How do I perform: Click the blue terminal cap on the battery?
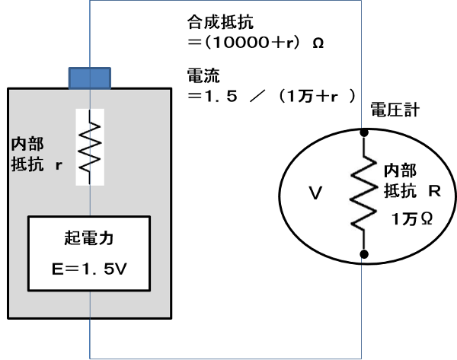(90, 78)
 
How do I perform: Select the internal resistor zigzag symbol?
(90, 146)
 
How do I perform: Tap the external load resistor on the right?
(364, 193)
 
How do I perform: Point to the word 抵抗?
(25, 164)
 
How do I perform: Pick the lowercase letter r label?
(57, 164)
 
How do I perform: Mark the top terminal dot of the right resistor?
(364, 136)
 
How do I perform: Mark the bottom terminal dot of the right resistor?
(364, 250)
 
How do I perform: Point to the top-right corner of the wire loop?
(361, 1)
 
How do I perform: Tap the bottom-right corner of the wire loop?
(361, 358)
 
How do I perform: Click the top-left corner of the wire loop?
(91, 1)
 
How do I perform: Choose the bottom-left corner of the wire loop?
(91, 358)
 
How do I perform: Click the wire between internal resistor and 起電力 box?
(90, 200)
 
